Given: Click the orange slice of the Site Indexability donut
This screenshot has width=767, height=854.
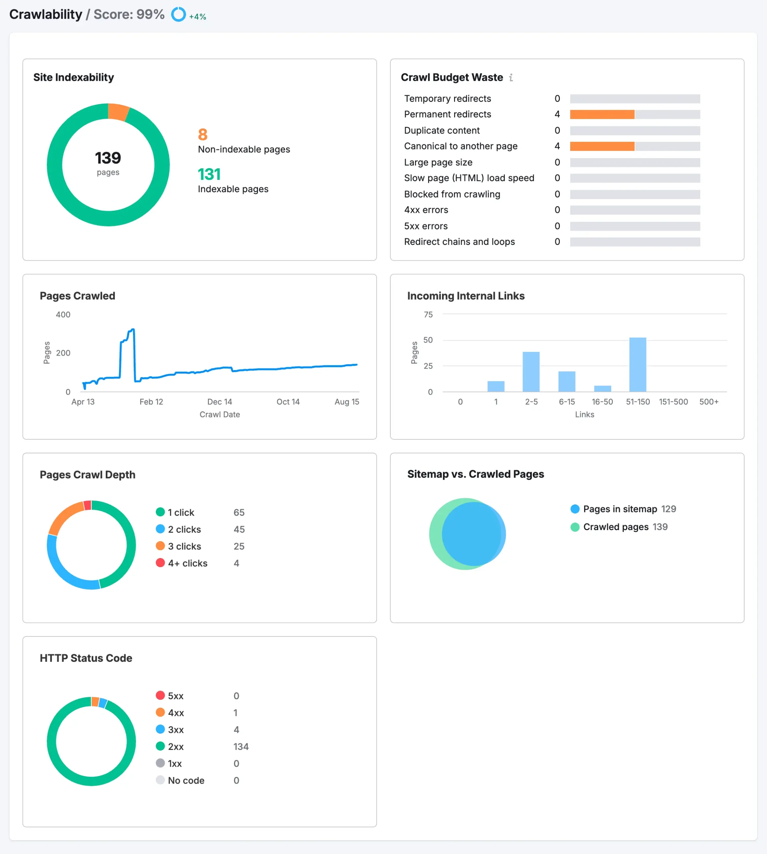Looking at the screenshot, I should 118,112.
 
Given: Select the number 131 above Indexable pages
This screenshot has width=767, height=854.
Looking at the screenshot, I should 209,174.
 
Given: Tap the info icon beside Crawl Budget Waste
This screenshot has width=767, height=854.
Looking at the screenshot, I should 511,77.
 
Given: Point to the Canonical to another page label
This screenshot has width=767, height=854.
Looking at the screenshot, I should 461,146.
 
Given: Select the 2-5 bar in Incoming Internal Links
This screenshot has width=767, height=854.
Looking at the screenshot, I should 531,372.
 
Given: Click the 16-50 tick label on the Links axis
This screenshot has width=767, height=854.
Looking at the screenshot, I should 602,402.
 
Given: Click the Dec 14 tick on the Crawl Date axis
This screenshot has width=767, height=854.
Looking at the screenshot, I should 220,402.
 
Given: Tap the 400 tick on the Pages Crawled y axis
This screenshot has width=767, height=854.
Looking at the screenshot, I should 63,315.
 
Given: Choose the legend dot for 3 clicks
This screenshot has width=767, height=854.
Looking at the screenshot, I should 160,546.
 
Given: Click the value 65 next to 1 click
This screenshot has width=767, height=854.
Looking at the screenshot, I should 239,513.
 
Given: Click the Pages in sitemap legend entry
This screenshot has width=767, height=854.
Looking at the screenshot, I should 620,509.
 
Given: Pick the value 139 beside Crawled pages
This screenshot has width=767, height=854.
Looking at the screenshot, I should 660,527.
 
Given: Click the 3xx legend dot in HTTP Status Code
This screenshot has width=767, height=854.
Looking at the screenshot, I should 160,729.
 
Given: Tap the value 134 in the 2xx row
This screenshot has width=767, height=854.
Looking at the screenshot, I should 241,747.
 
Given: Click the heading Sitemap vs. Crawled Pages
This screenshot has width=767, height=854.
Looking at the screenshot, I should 475,474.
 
